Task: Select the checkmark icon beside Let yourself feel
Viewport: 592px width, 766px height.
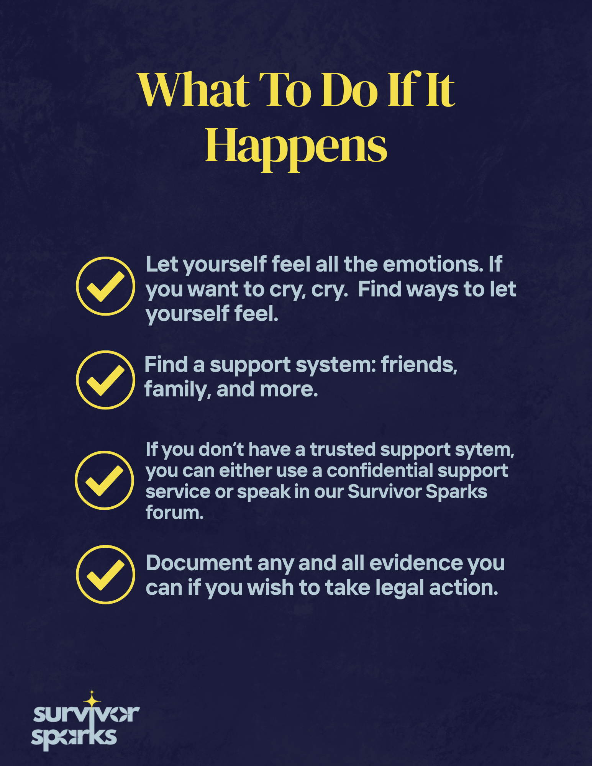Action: click(x=105, y=286)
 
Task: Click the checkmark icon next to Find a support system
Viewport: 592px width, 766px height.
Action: click(x=105, y=380)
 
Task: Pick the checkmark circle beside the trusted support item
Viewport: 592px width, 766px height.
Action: click(x=104, y=480)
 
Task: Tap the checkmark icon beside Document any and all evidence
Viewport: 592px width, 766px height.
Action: click(x=105, y=574)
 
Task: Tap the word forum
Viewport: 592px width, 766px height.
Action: click(x=174, y=512)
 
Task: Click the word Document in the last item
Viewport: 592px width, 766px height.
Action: click(x=198, y=563)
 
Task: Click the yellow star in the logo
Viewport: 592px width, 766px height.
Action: click(x=92, y=700)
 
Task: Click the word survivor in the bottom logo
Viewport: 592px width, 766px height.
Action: click(x=86, y=715)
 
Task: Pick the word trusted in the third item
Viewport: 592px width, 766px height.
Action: click(x=343, y=450)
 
